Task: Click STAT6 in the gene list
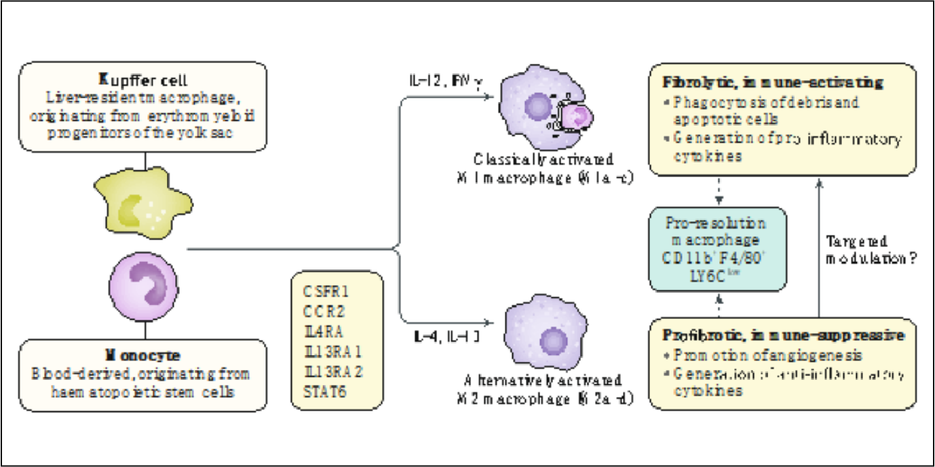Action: click(x=328, y=392)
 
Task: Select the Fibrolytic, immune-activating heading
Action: click(x=772, y=83)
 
